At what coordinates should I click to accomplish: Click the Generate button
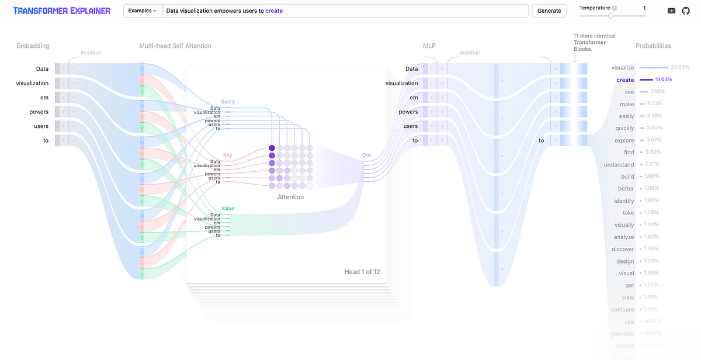click(x=549, y=11)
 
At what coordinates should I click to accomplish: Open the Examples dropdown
click(x=142, y=11)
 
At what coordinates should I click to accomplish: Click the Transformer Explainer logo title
click(x=61, y=11)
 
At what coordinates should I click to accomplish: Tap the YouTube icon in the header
click(x=672, y=11)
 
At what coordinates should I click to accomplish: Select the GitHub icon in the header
click(x=686, y=11)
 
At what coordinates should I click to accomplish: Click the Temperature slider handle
click(x=611, y=16)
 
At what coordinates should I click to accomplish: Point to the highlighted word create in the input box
click(x=275, y=11)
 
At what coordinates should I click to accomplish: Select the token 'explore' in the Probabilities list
click(x=624, y=140)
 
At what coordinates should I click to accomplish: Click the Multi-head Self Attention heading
click(x=175, y=46)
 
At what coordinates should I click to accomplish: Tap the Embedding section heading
click(x=33, y=46)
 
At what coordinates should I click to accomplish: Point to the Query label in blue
click(x=227, y=102)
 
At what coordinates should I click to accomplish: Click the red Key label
click(x=227, y=155)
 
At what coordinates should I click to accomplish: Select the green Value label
click(x=227, y=208)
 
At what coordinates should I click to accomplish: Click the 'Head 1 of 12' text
click(x=362, y=272)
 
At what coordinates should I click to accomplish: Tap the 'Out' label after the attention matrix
click(x=366, y=155)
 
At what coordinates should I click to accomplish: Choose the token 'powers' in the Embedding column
click(x=39, y=112)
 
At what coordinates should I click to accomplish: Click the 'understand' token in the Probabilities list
click(x=619, y=164)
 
